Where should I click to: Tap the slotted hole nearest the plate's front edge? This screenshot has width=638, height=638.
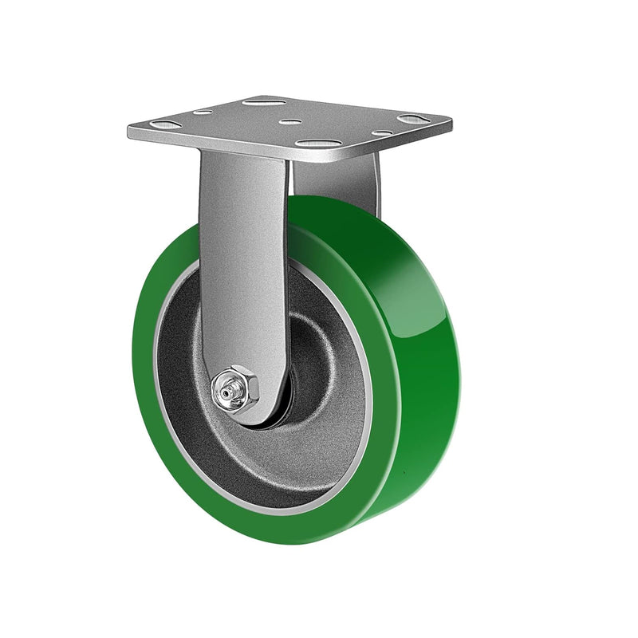[x=317, y=144]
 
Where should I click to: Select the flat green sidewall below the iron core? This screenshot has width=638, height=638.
[x=263, y=522]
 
